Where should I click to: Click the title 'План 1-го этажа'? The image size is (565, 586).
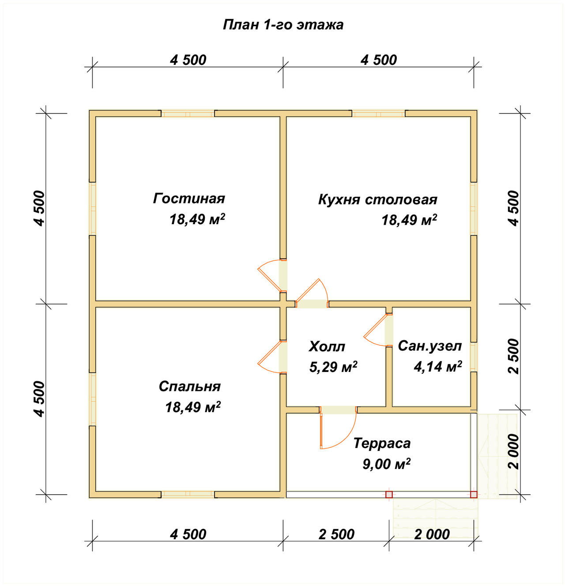click(283, 25)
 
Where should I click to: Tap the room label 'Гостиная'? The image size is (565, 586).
click(189, 199)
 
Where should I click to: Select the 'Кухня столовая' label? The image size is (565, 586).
click(378, 199)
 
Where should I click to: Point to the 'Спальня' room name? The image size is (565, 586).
click(190, 387)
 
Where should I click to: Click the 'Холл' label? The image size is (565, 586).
click(327, 346)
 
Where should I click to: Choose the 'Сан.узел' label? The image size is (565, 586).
click(430, 346)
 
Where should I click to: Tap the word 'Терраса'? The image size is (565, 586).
click(382, 443)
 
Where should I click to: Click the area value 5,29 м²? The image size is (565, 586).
click(333, 367)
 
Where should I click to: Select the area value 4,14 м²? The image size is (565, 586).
click(437, 367)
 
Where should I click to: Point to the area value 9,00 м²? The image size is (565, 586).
click(386, 464)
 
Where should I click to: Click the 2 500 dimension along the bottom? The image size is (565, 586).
click(336, 534)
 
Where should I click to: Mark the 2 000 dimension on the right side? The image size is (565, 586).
click(514, 452)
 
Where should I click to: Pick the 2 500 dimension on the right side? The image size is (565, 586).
click(514, 357)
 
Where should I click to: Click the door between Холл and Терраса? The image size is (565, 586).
click(338, 427)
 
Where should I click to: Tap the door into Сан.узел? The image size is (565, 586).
click(378, 330)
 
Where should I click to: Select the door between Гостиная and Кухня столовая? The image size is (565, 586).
click(272, 276)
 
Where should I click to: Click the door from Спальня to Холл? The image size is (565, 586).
click(272, 357)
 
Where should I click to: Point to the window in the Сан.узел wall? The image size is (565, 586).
click(474, 357)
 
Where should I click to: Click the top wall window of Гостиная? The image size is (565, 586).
click(188, 113)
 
